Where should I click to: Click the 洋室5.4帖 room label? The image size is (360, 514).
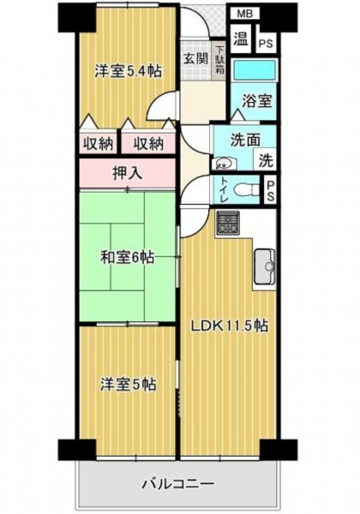coord(129,71)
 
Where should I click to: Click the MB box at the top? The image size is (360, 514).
coord(244,14)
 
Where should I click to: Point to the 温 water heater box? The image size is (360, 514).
coord(241,39)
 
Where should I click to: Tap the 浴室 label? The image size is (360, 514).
coord(257,101)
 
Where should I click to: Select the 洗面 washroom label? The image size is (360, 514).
coord(245,140)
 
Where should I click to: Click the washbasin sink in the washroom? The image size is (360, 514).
coord(224,163)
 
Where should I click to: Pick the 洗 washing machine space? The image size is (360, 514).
coord(267,160)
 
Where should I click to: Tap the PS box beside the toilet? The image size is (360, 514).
coord(271,191)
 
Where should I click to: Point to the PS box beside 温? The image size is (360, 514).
coord(266,44)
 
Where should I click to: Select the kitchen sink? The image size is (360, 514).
coord(265,266)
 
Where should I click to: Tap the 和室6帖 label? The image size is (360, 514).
coord(127,258)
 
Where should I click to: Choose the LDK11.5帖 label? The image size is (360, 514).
coord(230,326)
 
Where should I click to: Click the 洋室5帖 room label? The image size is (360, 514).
coord(129,385)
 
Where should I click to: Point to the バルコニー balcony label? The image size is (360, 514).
coord(178,484)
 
